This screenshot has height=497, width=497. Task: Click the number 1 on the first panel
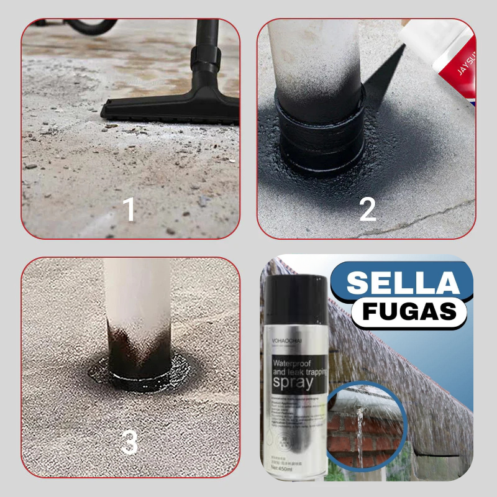click(x=129, y=209)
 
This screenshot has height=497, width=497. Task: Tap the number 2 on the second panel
click(x=367, y=209)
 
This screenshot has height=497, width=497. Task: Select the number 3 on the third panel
click(x=129, y=442)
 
